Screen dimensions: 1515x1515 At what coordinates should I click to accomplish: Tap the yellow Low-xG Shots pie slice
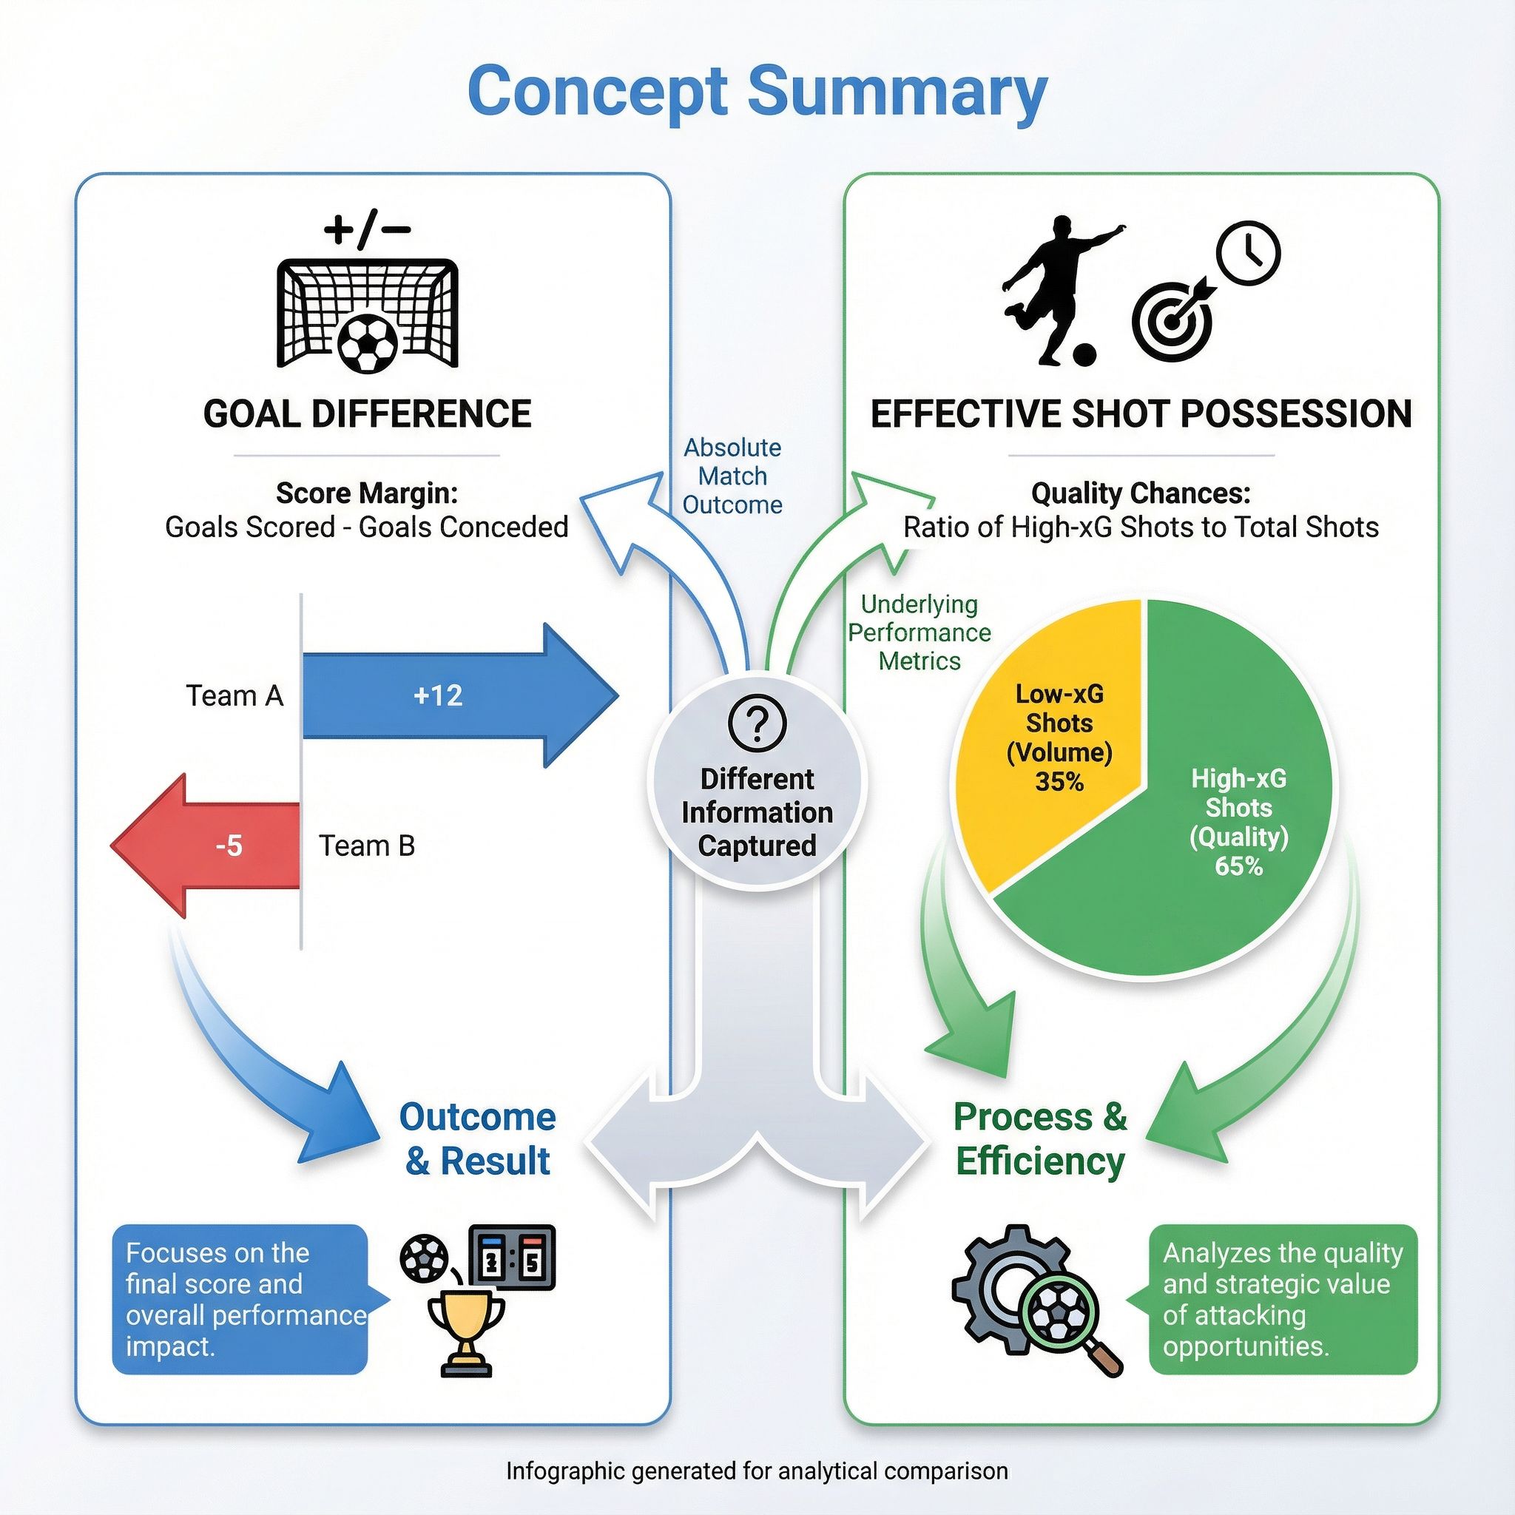coord(1050,737)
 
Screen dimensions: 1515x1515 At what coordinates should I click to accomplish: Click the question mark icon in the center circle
coord(757,723)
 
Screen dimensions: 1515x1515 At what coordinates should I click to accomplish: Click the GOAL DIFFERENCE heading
coord(367,414)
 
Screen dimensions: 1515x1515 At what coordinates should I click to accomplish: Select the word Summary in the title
coord(897,92)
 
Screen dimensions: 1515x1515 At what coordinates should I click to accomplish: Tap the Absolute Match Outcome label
coord(732,476)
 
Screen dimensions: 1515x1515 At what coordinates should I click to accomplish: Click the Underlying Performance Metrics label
coord(919,632)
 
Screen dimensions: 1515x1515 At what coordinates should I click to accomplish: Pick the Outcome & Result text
coord(478,1138)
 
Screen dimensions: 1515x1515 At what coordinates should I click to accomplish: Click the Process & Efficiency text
coord(1041,1138)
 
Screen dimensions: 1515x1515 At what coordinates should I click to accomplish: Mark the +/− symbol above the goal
coord(367,231)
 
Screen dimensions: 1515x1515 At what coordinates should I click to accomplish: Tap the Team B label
coord(366,846)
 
